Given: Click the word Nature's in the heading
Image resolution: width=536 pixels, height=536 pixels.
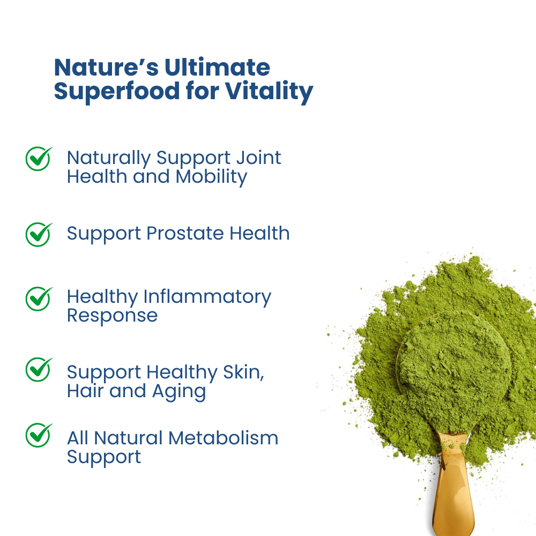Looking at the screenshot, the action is (106, 67).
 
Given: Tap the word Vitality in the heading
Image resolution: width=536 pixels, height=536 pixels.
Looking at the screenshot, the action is (269, 91).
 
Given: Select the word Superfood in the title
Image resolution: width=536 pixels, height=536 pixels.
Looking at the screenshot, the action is (117, 91).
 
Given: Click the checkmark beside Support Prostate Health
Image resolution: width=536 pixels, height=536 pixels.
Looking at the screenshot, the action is (39, 235).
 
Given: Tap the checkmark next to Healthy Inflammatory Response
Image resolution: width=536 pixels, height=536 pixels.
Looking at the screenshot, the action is (39, 299).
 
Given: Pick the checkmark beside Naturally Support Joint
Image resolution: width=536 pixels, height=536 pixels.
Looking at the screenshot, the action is (39, 159).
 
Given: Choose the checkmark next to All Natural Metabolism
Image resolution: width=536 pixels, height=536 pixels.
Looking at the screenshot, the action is (39, 435).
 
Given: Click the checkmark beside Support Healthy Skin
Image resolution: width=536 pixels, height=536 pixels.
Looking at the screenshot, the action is (39, 369).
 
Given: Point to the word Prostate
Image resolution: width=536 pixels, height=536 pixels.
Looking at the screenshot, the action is (185, 234).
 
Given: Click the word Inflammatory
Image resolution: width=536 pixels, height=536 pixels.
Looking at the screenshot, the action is (207, 297).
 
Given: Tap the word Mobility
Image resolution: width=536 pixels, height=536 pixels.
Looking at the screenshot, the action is (211, 177).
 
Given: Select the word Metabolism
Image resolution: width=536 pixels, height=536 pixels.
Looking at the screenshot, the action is (223, 438).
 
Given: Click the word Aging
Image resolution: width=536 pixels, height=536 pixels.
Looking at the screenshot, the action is (179, 392).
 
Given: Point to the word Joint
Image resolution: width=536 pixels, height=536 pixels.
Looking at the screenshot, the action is (258, 158).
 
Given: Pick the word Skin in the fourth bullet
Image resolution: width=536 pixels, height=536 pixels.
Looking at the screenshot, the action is (243, 373).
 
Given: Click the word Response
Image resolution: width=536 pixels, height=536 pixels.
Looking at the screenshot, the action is (112, 316).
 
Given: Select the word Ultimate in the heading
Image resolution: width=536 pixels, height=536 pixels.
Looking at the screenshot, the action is (218, 67).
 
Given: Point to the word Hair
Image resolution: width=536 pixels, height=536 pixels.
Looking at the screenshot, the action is (85, 391).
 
